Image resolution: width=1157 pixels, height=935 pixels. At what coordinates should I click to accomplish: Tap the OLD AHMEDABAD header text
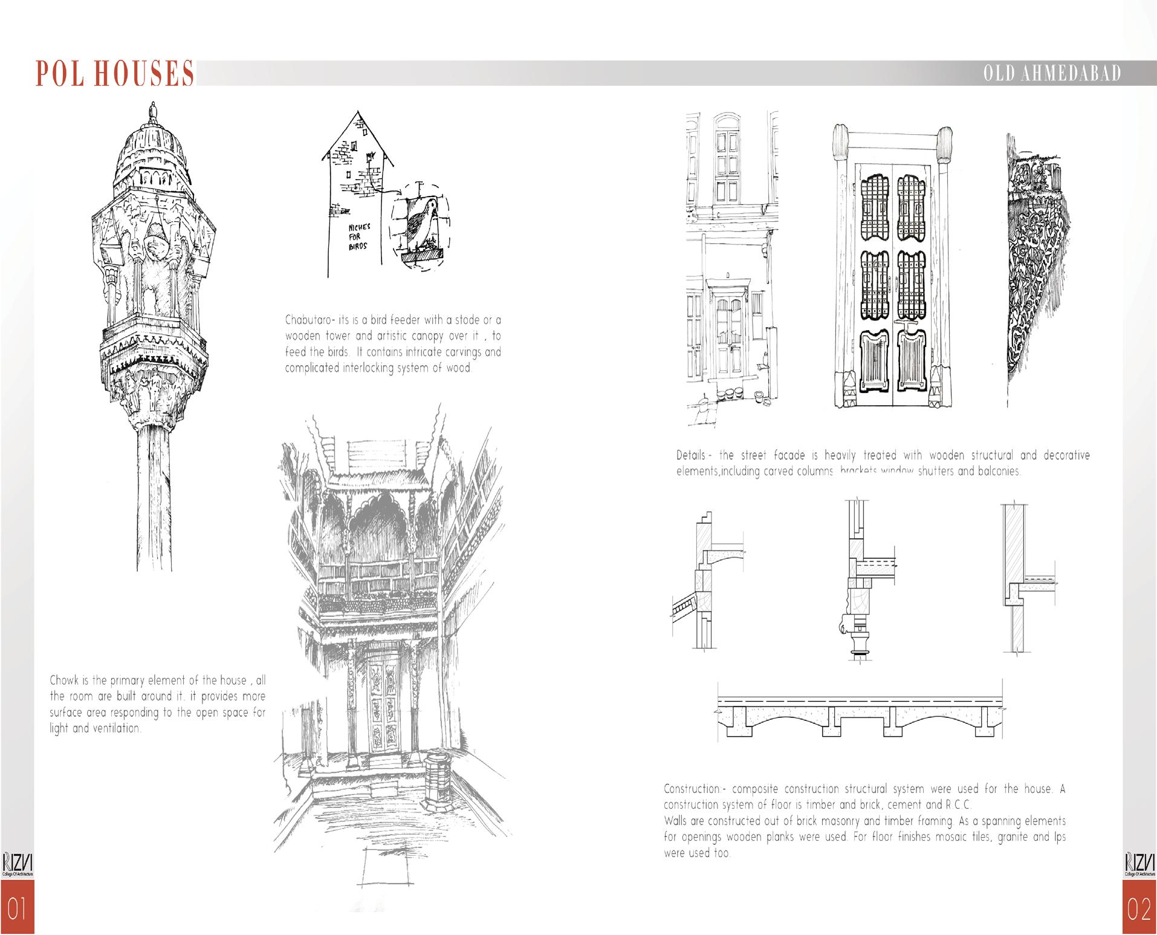coord(1052,74)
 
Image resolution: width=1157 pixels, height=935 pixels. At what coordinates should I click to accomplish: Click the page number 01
coord(17,910)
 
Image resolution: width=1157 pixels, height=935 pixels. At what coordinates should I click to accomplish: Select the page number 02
coord(1139,910)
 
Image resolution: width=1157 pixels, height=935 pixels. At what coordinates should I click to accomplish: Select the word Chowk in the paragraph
coord(65,680)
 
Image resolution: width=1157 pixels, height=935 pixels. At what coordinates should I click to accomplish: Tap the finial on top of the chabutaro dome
coord(152,111)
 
